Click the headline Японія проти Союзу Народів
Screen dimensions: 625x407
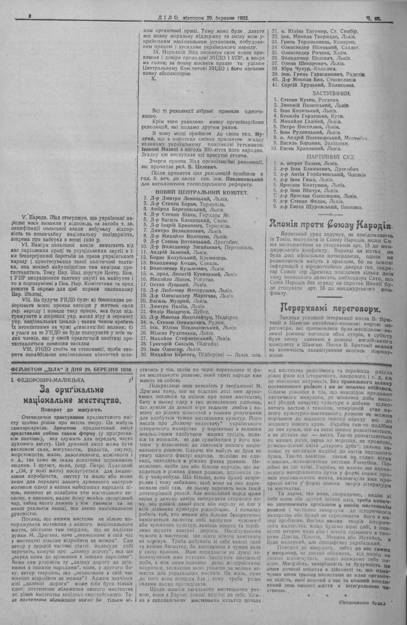pos(330,224)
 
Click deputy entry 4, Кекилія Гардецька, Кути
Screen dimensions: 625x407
pos(309,116)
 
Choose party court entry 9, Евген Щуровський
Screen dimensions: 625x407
pos(317,207)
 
